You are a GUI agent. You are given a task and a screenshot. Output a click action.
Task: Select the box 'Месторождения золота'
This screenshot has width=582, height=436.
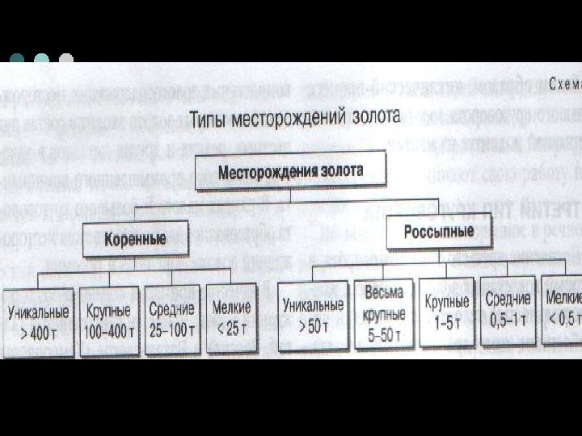point(290,171)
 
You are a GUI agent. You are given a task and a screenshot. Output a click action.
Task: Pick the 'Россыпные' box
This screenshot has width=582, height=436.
point(439,232)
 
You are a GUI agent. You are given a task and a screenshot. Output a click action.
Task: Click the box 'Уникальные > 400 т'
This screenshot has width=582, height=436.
point(39,321)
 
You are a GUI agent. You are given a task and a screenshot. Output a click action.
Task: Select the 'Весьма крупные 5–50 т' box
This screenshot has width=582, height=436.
point(384,312)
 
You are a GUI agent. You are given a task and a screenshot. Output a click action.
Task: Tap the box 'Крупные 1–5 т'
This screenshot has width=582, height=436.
point(447,311)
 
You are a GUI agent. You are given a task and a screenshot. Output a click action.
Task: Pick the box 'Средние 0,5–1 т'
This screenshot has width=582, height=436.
point(508,308)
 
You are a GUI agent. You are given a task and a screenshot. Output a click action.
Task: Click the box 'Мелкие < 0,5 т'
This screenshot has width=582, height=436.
point(563,307)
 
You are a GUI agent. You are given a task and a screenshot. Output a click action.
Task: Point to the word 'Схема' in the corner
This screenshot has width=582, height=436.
point(566,85)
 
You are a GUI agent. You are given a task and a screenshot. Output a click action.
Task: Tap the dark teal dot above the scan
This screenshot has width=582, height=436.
point(18,59)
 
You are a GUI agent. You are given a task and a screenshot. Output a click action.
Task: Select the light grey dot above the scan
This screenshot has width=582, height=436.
point(65,59)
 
